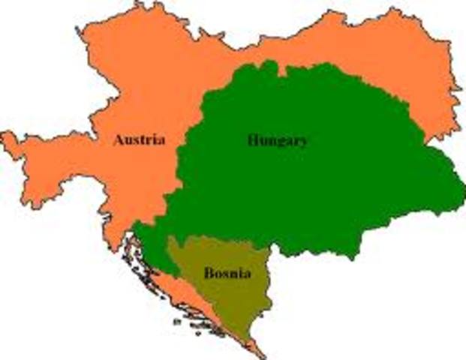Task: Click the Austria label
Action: click(x=140, y=139)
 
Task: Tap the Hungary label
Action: click(x=277, y=140)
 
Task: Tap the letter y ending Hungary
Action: click(x=302, y=142)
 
